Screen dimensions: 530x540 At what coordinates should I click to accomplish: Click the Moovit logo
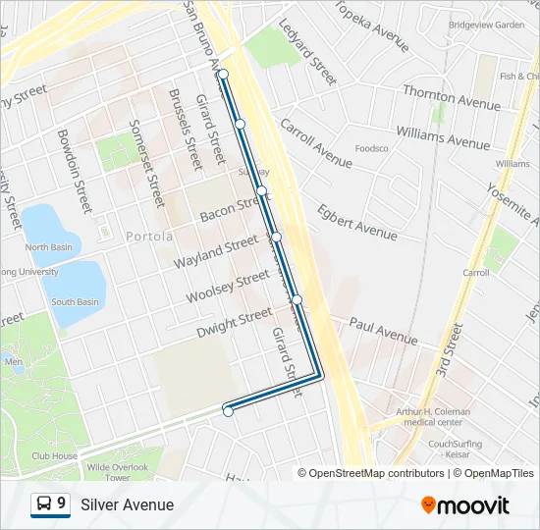465,505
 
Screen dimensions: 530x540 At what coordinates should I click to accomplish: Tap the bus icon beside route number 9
44,504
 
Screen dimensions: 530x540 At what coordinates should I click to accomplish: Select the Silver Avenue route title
128,505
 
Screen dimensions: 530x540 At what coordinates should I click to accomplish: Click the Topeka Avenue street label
372,26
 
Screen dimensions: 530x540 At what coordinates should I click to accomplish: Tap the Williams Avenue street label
442,136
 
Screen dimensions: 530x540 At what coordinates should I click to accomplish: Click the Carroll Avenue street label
315,143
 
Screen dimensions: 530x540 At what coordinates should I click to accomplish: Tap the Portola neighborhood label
149,237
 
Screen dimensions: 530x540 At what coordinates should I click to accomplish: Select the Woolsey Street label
227,287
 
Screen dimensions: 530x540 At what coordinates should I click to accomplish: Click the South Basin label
75,302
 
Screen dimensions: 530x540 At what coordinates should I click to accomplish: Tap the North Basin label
49,247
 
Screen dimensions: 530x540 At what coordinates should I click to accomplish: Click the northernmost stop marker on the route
224,75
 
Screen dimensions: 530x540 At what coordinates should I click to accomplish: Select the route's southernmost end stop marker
228,412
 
